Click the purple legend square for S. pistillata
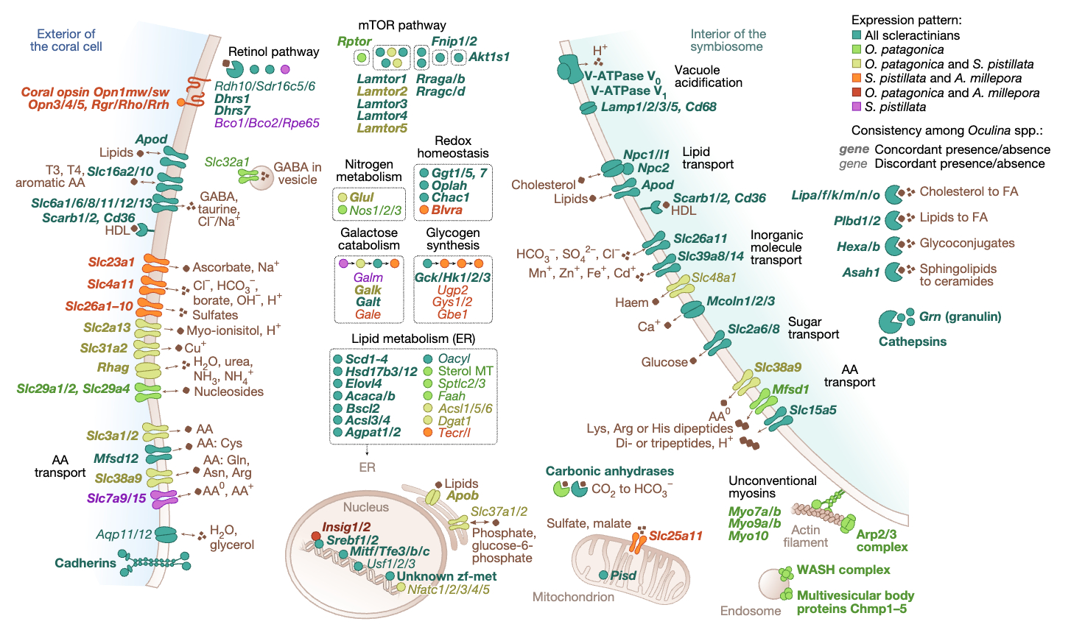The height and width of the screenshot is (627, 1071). coord(856,107)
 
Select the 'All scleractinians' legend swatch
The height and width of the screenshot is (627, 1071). coord(856,35)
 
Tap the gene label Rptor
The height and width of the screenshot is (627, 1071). coord(355,42)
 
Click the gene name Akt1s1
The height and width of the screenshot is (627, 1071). coord(489,57)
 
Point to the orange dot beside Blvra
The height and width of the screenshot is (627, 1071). coord(424,210)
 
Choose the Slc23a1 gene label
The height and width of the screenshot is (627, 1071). coord(111,261)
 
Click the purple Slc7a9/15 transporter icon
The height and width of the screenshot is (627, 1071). coord(164,499)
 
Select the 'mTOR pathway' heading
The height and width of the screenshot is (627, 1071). coord(401,25)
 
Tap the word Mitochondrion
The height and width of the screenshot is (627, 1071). coord(573,597)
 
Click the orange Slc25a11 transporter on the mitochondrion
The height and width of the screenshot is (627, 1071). coord(638,542)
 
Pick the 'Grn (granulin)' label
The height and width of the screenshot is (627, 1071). coord(960,317)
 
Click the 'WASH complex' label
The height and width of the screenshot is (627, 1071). coord(843,570)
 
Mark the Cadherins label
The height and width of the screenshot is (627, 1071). coord(85,563)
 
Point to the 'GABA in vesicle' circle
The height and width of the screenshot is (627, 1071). coord(261,177)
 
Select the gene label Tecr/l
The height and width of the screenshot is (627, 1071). coord(454,433)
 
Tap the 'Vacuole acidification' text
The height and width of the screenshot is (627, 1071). coord(708,77)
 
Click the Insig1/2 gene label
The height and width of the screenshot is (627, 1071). coord(345,527)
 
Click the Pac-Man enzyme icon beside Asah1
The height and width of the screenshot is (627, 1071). coord(893,272)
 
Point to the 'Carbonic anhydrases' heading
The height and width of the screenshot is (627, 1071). coord(609,471)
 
